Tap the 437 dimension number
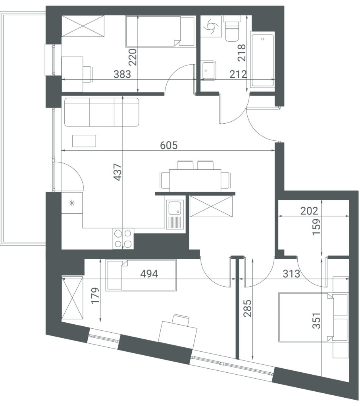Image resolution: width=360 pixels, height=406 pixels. (117, 172)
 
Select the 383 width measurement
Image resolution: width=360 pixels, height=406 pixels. (122, 74)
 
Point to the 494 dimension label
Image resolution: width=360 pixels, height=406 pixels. (149, 274)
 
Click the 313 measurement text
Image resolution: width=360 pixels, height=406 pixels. (291, 274)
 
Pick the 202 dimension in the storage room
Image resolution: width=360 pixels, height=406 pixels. (309, 211)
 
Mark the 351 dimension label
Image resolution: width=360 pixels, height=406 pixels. (316, 321)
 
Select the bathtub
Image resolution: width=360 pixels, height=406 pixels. (262, 59)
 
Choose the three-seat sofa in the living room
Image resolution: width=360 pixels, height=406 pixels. (102, 112)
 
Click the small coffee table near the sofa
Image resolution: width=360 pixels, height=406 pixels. (84, 141)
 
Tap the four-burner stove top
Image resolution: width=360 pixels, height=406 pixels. (123, 239)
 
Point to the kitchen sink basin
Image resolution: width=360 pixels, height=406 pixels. (175, 208)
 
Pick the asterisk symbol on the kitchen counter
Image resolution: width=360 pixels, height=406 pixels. (71, 203)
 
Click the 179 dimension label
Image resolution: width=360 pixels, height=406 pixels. (96, 295)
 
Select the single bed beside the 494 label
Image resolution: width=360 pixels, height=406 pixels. (141, 275)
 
